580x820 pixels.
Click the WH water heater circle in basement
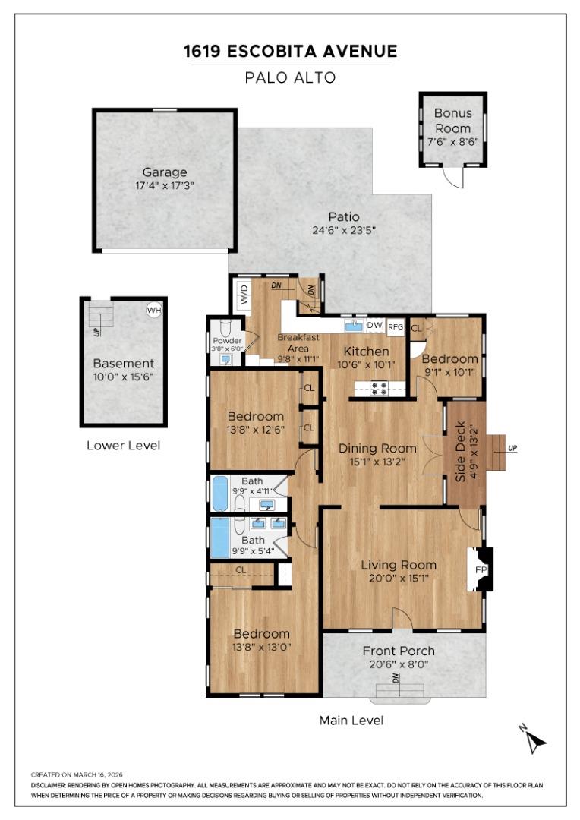153,310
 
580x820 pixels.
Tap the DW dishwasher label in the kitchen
374,325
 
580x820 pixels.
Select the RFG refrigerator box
396,326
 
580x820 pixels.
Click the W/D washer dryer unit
244,294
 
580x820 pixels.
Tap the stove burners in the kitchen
379,389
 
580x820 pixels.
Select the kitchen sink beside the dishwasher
353,326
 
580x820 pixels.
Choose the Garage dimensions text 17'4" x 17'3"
165,185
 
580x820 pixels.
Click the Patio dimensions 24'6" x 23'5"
344,230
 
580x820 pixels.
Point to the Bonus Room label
452,121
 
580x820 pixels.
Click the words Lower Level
123,446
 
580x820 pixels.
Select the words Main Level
351,720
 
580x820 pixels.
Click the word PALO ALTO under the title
290,77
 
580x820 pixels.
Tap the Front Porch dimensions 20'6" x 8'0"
399,664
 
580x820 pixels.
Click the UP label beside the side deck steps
512,448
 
